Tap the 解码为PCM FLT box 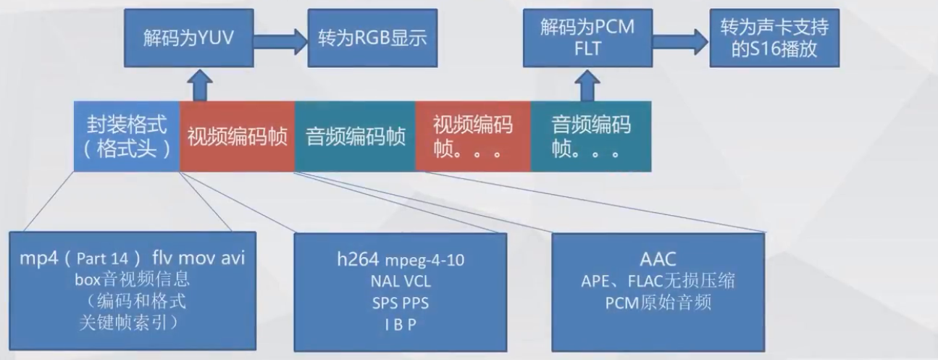tap(587, 38)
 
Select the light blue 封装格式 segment tap(126, 136)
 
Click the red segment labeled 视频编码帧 tap(237, 136)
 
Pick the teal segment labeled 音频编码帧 tap(355, 136)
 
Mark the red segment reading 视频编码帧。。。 tap(473, 136)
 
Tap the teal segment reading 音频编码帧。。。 tap(591, 136)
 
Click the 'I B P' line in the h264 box tap(400, 325)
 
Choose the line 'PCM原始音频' tap(658, 302)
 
